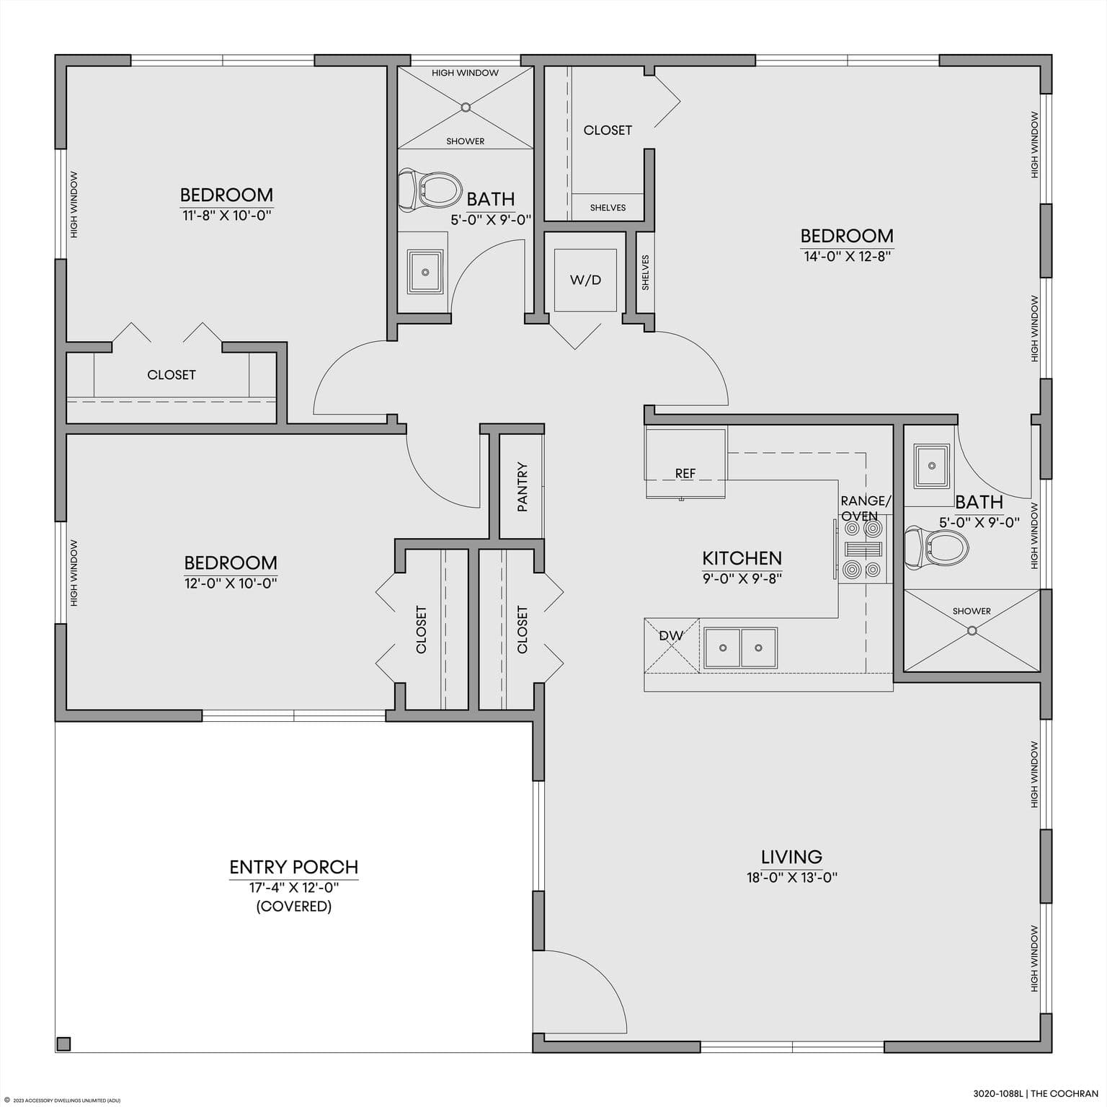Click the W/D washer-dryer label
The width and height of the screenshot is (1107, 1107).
pyautogui.click(x=585, y=280)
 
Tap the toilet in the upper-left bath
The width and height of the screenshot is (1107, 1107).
pyautogui.click(x=430, y=190)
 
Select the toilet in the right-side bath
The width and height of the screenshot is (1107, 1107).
pyautogui.click(x=936, y=548)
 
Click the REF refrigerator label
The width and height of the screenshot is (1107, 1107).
pyautogui.click(x=685, y=474)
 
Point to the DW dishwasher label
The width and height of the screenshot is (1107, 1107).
pyautogui.click(x=671, y=635)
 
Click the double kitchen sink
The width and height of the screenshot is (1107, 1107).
pyautogui.click(x=741, y=648)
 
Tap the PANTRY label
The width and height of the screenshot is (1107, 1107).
pyautogui.click(x=523, y=487)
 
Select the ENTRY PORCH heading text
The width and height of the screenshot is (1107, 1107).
pyautogui.click(x=294, y=867)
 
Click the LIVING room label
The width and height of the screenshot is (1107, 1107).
pyautogui.click(x=791, y=857)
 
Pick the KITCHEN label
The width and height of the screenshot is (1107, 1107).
pyautogui.click(x=742, y=558)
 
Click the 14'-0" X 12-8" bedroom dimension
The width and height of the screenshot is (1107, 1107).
pyautogui.click(x=848, y=256)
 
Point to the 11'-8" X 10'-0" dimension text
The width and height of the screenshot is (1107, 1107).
pyautogui.click(x=227, y=215)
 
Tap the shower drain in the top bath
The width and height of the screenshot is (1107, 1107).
pyautogui.click(x=466, y=107)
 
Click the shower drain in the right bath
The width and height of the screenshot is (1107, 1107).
pyautogui.click(x=972, y=630)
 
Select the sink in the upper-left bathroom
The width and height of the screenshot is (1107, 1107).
pyautogui.click(x=425, y=272)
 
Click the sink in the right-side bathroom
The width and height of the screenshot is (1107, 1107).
pyautogui.click(x=932, y=465)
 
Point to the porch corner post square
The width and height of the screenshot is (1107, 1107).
pyautogui.click(x=63, y=1044)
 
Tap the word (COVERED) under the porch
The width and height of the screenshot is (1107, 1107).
pyautogui.click(x=294, y=907)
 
